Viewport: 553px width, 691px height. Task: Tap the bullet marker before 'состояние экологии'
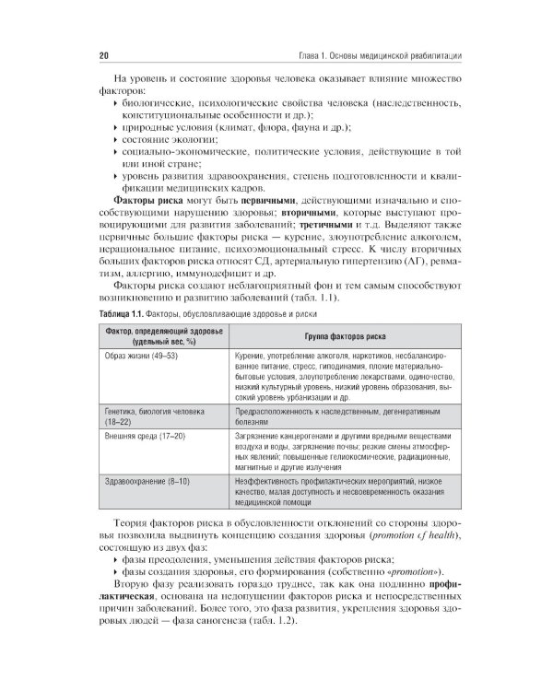[112, 138]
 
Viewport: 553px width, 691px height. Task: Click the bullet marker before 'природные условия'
[112, 124]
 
